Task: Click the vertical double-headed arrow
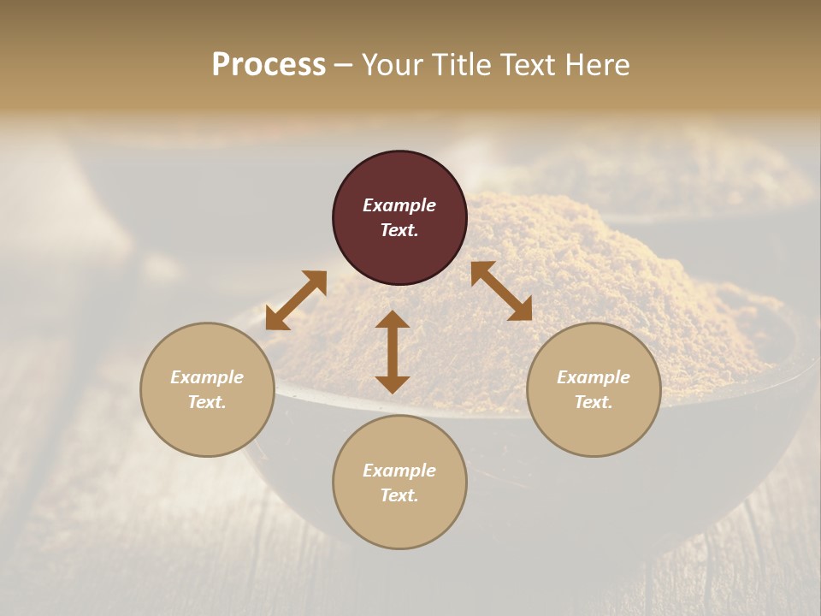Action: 393,352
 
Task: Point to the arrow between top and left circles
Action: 296,300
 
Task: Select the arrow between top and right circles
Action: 501,291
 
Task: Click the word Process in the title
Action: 269,64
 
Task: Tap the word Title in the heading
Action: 462,64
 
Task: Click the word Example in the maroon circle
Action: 399,205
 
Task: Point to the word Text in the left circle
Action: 206,402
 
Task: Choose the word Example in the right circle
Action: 594,377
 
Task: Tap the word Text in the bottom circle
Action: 399,495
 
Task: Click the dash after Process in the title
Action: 343,65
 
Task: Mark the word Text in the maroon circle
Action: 399,230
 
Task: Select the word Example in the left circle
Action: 207,377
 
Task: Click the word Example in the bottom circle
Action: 399,471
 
